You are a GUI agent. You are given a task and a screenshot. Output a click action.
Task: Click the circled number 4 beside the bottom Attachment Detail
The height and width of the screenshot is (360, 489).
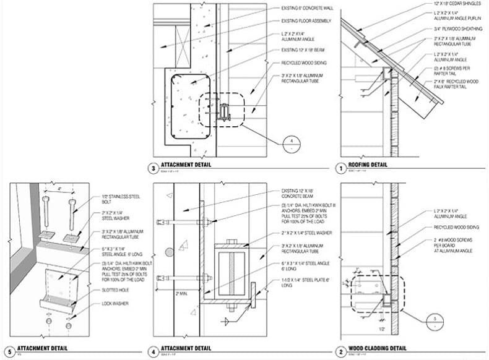[x=153, y=350]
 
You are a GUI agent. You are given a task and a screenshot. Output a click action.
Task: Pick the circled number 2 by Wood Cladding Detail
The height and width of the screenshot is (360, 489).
[x=339, y=350]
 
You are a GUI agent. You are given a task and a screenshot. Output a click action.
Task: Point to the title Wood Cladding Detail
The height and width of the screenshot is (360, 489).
[x=378, y=348]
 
